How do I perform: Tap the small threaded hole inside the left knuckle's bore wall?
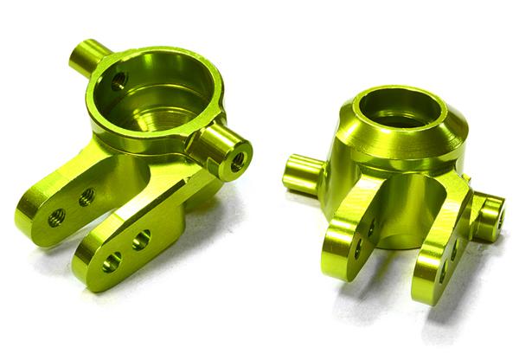(119, 80)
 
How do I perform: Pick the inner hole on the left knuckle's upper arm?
(87, 198)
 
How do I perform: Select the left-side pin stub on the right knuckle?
(298, 172)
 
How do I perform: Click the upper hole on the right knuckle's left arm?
(371, 227)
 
